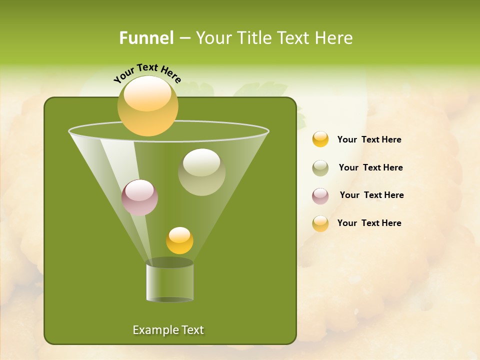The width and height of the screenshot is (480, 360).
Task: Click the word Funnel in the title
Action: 146,38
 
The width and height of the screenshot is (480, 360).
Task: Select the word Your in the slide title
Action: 212,38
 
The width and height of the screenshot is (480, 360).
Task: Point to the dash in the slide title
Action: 184,38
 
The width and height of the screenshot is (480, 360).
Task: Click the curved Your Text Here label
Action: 147,72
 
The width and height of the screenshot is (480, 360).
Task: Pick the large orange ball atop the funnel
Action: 148,105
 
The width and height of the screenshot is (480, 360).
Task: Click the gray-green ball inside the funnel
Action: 201,171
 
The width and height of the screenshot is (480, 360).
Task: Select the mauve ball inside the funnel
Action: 139,197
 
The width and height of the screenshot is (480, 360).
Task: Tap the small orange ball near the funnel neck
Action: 179,240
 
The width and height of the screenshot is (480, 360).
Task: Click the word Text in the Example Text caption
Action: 192,330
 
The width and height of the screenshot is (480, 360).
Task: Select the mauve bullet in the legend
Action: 320,196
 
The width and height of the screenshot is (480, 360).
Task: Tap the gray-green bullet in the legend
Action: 320,168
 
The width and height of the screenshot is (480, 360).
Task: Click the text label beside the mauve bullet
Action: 371,195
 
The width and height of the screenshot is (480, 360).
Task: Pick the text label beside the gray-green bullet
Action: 370,167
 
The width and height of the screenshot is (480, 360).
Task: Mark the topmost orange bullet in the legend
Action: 320,139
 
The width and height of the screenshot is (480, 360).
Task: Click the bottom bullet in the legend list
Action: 320,223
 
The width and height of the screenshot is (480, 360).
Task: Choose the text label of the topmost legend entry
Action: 369,139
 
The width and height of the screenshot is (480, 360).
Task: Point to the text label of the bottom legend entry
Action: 369,223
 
